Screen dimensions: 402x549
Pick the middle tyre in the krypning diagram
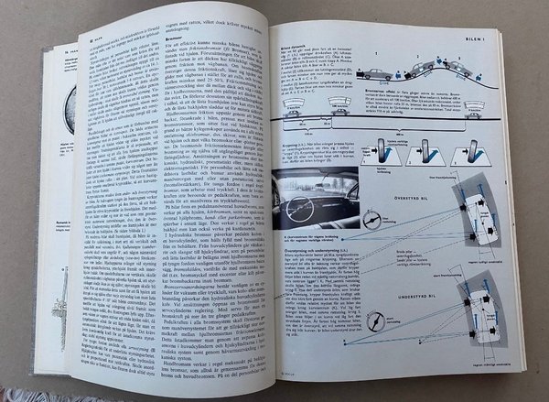pos(413,149)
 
